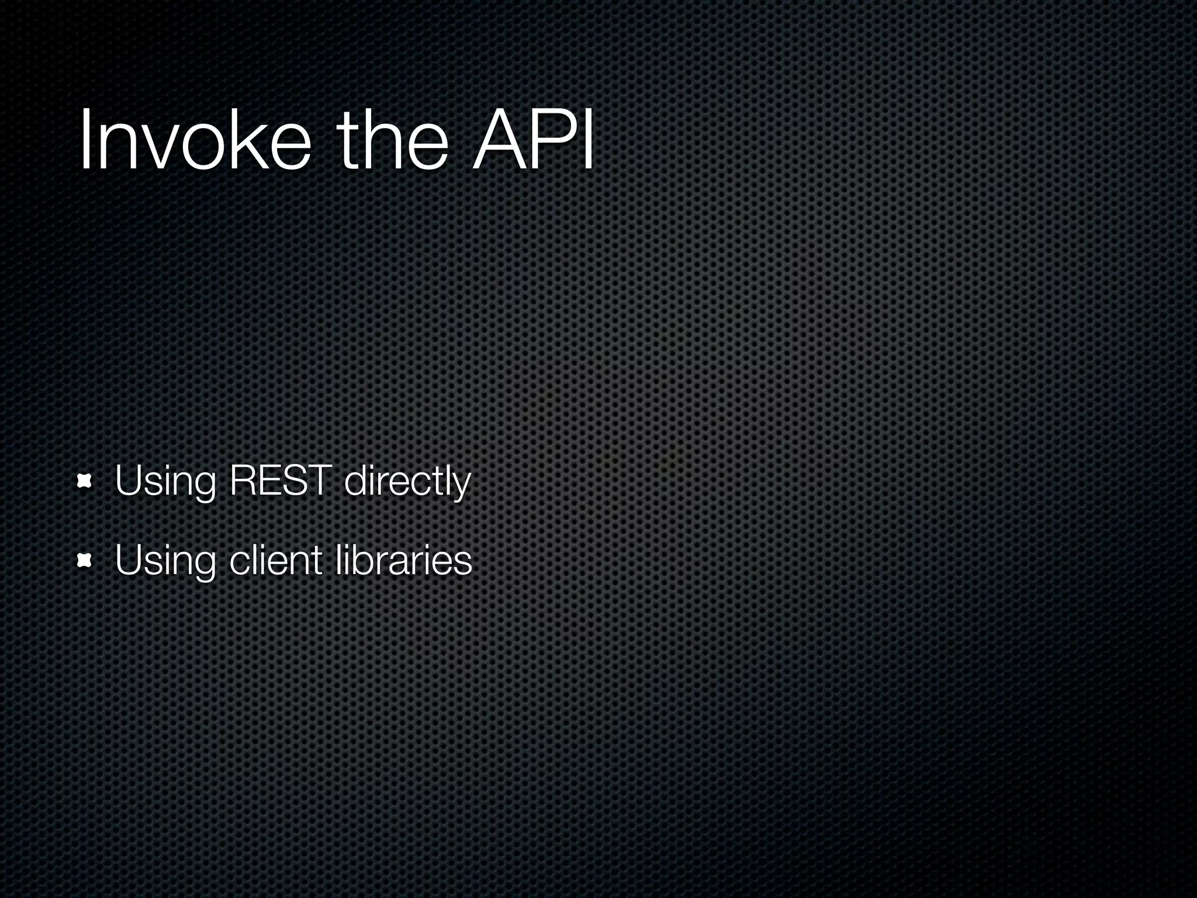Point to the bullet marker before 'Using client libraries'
point(85,562)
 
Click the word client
point(275,560)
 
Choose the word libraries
point(404,560)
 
